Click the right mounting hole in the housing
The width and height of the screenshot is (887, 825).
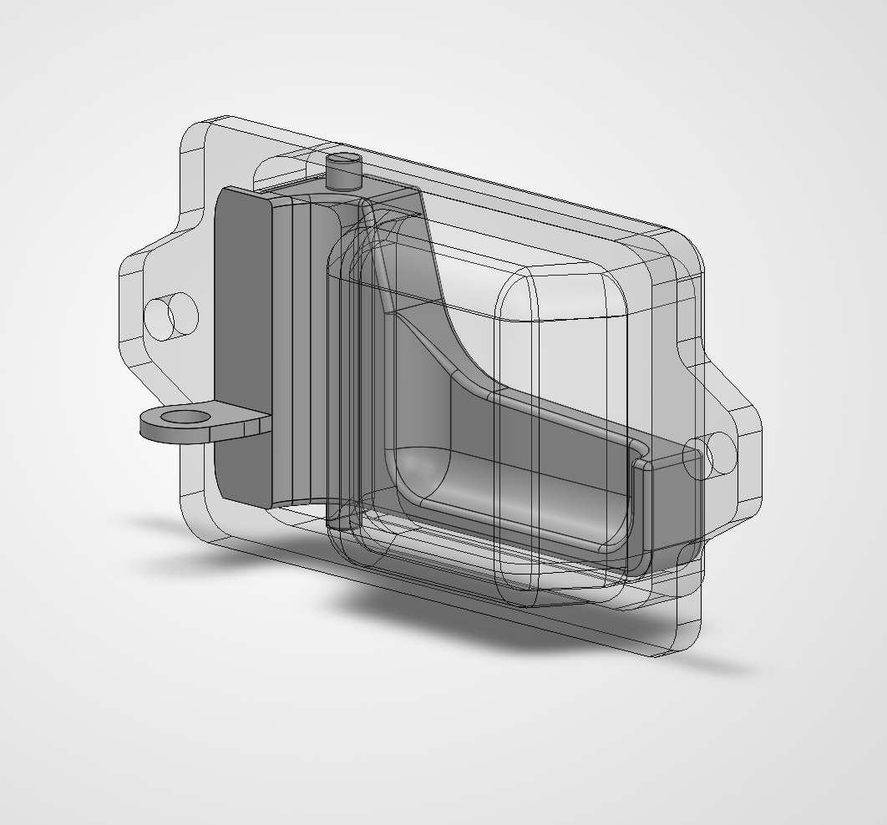point(711,455)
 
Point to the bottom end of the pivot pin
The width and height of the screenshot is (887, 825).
point(341,524)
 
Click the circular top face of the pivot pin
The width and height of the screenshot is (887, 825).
point(343,158)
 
